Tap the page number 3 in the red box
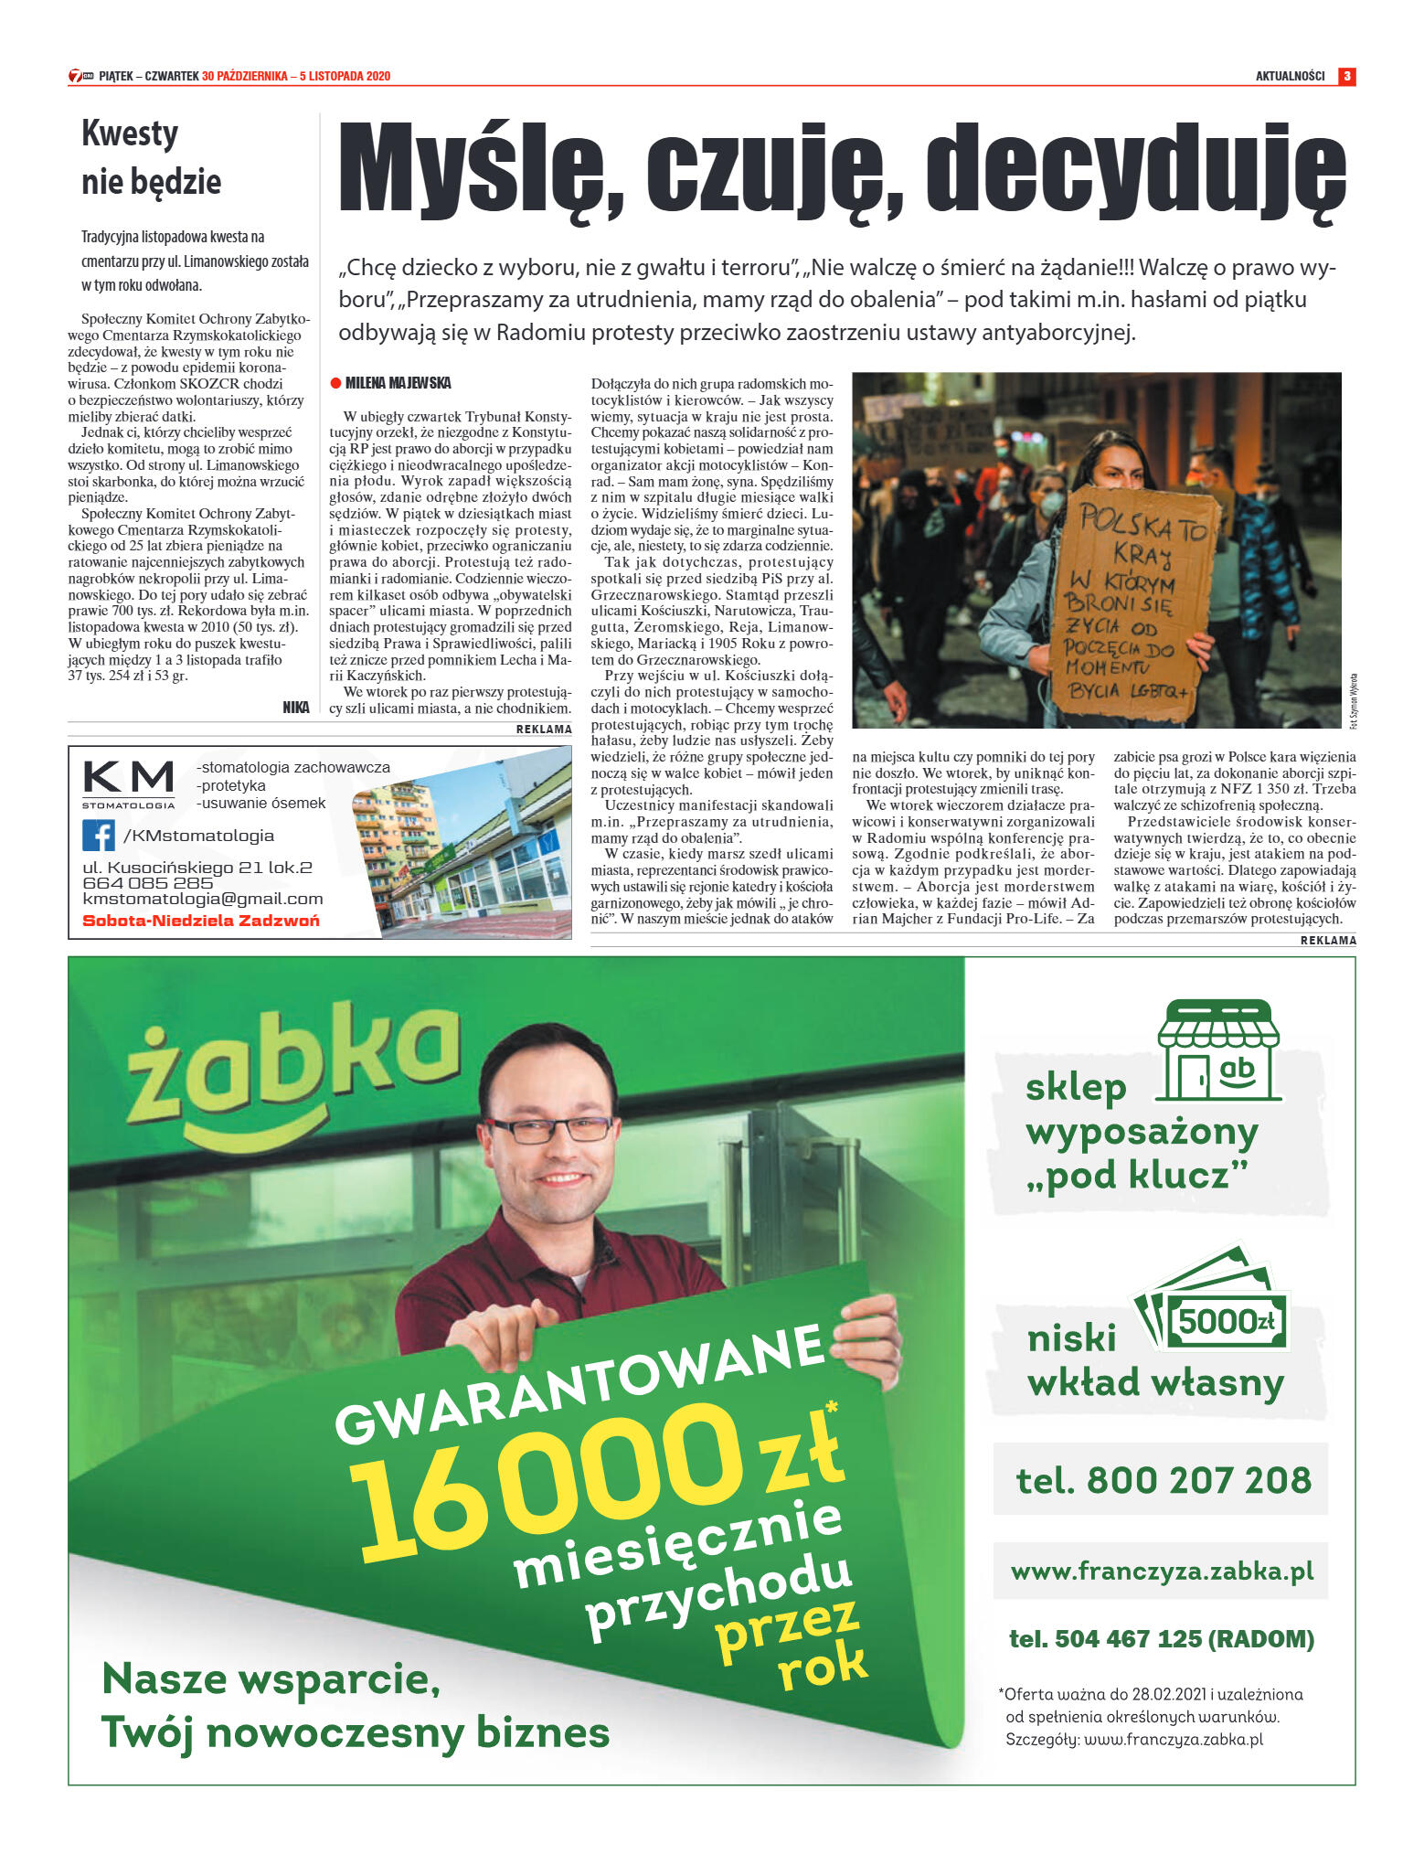[1346, 76]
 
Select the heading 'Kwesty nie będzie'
[152, 157]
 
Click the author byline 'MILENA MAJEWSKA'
[398, 383]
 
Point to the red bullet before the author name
[335, 383]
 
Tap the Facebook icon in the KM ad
[99, 835]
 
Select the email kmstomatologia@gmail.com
[203, 900]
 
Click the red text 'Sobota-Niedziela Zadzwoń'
[201, 921]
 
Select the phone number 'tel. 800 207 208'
[1163, 1479]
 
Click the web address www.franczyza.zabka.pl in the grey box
[1162, 1572]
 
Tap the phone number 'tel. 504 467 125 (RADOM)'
[1161, 1639]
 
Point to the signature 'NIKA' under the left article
[296, 708]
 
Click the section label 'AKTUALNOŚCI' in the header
[1290, 76]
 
